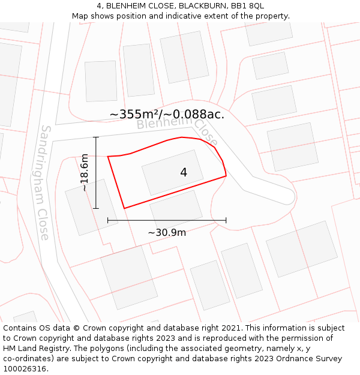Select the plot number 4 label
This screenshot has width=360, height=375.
[184, 173]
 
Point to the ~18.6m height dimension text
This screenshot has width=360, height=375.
[85, 173]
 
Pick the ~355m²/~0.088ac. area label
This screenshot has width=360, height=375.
[167, 114]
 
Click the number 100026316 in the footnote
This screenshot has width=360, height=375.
[24, 369]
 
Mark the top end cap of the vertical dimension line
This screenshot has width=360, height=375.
[96, 137]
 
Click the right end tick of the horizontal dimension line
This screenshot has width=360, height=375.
[226, 220]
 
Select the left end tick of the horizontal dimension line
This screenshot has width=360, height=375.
[108, 220]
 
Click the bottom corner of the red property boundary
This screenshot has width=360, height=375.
[124, 208]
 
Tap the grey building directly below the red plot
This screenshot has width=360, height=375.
[176, 209]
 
